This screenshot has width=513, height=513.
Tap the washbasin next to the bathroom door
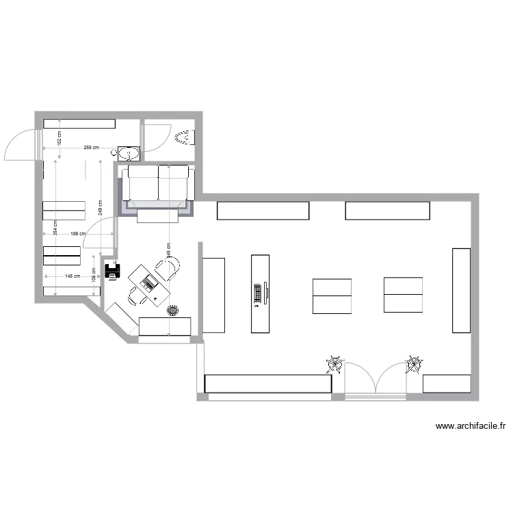[129, 153]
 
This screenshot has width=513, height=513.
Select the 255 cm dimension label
[91, 148]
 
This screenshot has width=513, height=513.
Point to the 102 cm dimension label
[60, 139]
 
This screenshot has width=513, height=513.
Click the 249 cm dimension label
[100, 207]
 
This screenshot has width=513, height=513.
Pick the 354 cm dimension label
[55, 231]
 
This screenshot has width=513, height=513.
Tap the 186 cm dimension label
[78, 234]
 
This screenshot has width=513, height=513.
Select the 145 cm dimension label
[72, 276]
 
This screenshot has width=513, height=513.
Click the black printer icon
[112, 271]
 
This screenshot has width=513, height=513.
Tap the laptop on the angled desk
[148, 282]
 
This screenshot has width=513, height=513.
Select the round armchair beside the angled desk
[170, 268]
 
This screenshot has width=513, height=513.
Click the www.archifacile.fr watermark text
[471, 426]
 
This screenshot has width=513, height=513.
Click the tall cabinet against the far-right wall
[460, 290]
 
